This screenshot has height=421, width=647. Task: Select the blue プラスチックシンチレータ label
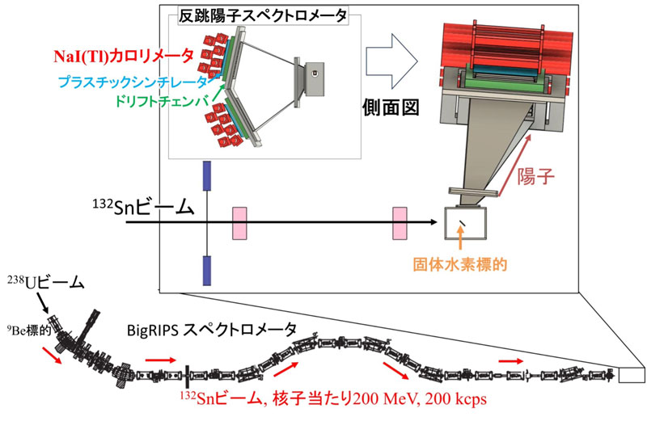pos(137,81)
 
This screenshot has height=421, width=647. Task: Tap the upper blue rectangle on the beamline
pos(206,176)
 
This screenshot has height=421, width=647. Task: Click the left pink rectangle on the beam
pos(240,224)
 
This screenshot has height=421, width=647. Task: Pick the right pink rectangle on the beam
pos(400,224)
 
